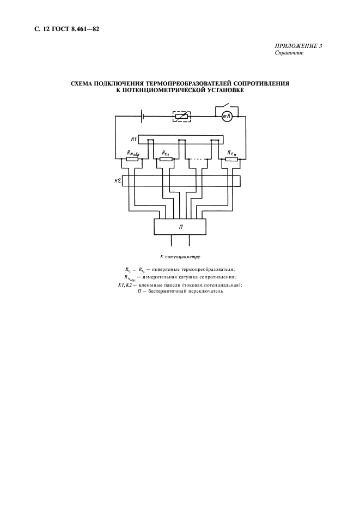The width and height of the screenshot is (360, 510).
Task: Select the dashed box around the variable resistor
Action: [181, 116]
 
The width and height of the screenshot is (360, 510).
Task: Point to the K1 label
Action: [133, 139]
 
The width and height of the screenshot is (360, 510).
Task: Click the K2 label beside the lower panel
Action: [118, 181]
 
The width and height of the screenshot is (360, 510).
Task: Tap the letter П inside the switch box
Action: [180, 227]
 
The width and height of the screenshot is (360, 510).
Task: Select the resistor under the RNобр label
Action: [132, 159]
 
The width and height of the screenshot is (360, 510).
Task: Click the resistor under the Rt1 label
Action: [166, 159]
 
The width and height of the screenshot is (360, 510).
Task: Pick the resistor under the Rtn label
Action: [231, 159]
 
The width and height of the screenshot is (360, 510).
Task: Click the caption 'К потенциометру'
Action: [180, 257]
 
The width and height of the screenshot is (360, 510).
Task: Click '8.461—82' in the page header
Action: [84, 29]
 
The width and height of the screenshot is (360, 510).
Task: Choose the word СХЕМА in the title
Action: [81, 83]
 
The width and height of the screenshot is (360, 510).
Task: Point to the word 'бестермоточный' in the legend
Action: [167, 292]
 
